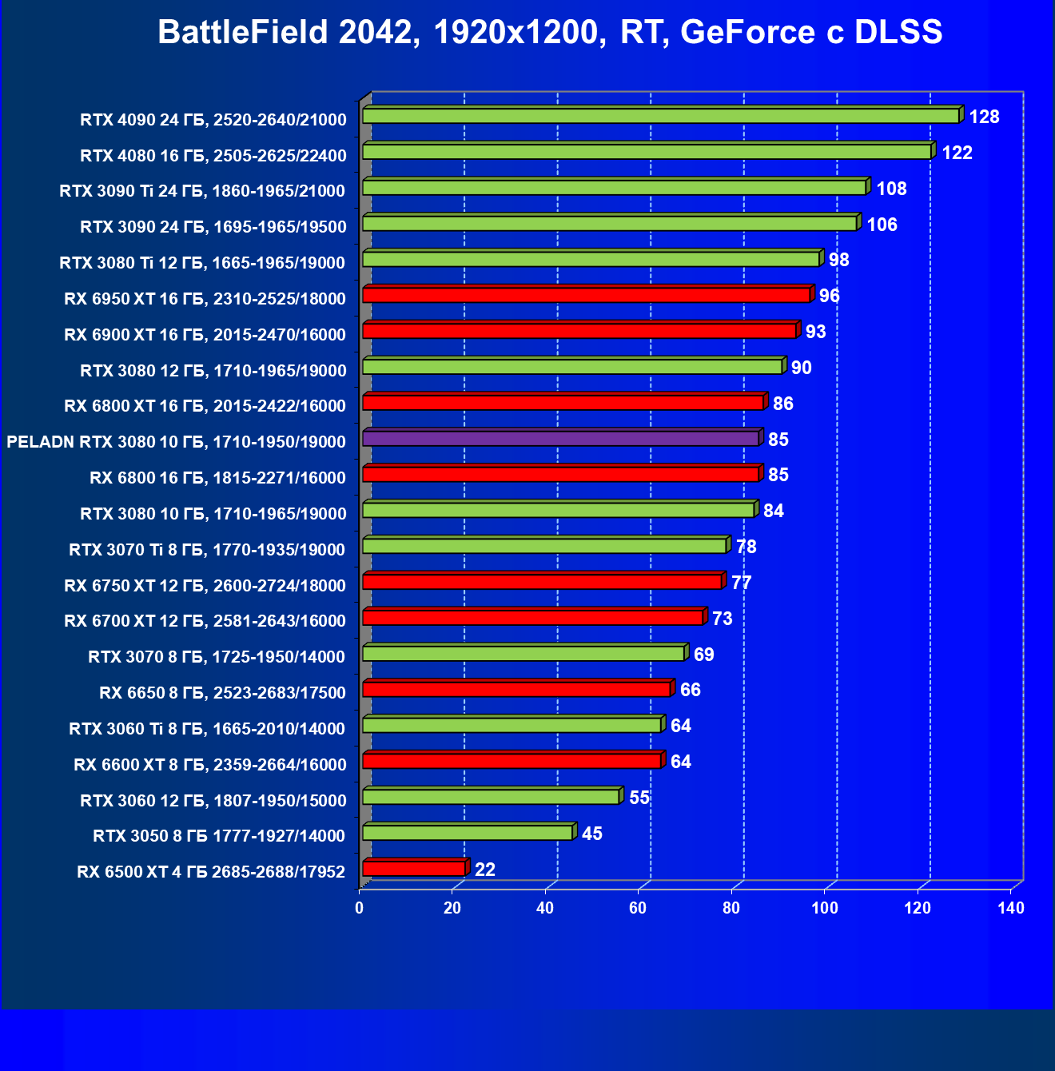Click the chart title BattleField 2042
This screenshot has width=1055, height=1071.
[550, 33]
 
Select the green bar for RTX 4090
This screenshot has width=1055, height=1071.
[660, 116]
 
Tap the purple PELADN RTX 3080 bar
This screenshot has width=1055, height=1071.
[560, 438]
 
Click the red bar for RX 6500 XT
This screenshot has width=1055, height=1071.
[413, 868]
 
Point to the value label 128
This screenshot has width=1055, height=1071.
[984, 117]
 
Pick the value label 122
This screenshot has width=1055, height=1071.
[957, 153]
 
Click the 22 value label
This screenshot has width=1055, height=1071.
[484, 870]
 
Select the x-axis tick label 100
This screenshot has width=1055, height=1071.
[824, 908]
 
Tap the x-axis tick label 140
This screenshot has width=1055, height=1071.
[1011, 908]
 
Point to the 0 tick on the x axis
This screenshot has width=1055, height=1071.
[359, 908]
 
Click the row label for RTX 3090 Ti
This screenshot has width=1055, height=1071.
[202, 191]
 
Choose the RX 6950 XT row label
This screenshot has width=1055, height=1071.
[205, 299]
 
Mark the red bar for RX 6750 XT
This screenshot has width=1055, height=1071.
[542, 581]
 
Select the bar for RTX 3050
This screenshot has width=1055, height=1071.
[468, 832]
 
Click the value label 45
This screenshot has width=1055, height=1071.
[591, 834]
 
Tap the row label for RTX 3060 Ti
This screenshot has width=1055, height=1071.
[207, 729]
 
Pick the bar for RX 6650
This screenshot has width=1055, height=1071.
[516, 689]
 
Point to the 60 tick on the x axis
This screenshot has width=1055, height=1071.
[638, 908]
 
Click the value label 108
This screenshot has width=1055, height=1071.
[891, 189]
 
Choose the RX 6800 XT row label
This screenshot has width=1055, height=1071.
[205, 406]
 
